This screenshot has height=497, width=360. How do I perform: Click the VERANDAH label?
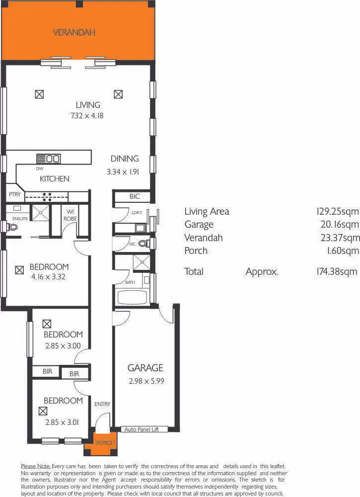click(x=74, y=32)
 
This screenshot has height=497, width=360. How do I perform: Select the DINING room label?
click(x=125, y=159)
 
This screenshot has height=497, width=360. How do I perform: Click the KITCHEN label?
click(x=55, y=179)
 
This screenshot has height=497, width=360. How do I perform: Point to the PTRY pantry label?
click(x=14, y=195)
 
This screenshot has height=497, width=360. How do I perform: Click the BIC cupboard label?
click(x=135, y=196)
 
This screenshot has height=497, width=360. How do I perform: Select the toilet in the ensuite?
click(x=12, y=227)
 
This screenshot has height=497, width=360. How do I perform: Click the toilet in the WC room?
click(x=143, y=244)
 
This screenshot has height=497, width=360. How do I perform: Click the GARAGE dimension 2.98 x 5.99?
click(x=145, y=381)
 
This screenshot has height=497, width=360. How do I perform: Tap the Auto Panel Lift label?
click(x=142, y=429)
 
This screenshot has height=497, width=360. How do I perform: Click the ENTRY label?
click(x=102, y=404)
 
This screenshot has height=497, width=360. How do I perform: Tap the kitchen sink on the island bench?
click(x=53, y=159)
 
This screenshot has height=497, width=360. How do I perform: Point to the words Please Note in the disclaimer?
click(x=35, y=466)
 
